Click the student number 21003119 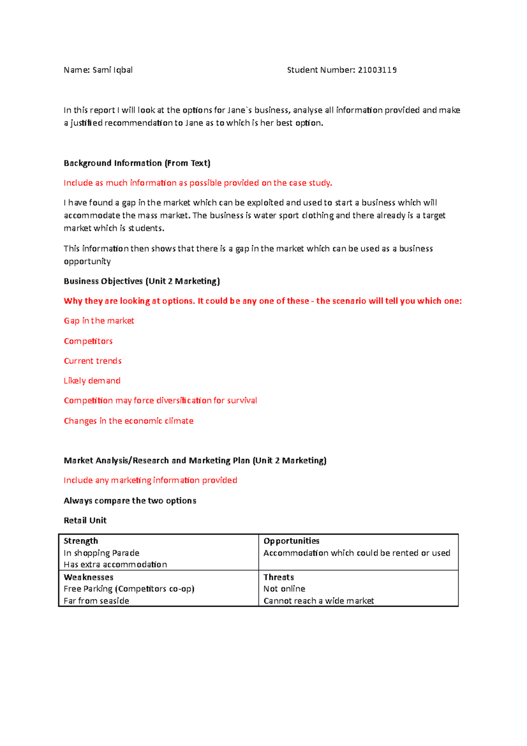pyautogui.click(x=377, y=70)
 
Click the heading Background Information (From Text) pyautogui.click(x=137, y=163)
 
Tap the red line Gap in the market pyautogui.click(x=99, y=321)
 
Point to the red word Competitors pyautogui.click(x=88, y=341)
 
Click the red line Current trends pyautogui.click(x=93, y=361)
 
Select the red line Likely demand pyautogui.click(x=92, y=380)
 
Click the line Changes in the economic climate pyautogui.click(x=129, y=421)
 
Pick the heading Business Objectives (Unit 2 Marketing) pyautogui.click(x=142, y=281)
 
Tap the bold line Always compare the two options pyautogui.click(x=130, y=500)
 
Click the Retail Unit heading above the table pyautogui.click(x=85, y=520)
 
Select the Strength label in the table pyautogui.click(x=81, y=541)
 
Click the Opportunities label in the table pyautogui.click(x=291, y=541)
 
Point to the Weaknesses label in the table pyautogui.click(x=88, y=577)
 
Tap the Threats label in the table pyautogui.click(x=278, y=577)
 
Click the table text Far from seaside pyautogui.click(x=96, y=601)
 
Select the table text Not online pyautogui.click(x=284, y=589)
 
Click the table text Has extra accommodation pyautogui.click(x=115, y=565)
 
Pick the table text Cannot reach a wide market pyautogui.click(x=318, y=601)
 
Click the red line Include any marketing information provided pyautogui.click(x=150, y=480)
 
